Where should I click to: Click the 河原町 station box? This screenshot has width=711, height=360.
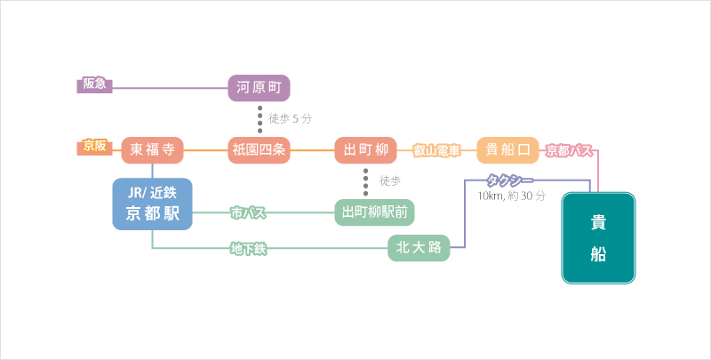click(259, 88)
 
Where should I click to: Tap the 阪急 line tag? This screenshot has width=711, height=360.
click(94, 84)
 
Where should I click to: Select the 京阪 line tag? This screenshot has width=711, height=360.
click(94, 145)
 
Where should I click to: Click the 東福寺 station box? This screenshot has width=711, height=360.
click(152, 150)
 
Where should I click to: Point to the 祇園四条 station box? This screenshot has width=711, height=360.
click(259, 150)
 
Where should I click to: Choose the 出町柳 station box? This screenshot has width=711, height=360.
click(365, 150)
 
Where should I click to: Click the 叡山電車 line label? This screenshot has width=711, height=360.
click(436, 151)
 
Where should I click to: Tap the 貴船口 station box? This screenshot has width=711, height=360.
click(508, 150)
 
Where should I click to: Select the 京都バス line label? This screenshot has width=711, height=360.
click(569, 151)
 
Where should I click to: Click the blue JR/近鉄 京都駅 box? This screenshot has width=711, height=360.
click(152, 204)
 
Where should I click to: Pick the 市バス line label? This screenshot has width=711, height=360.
click(249, 213)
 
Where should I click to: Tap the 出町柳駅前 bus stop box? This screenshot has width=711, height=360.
click(374, 212)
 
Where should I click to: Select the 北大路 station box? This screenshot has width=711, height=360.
click(419, 248)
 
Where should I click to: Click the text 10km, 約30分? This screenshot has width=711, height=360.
click(511, 196)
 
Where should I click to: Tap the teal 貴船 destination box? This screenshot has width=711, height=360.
click(599, 238)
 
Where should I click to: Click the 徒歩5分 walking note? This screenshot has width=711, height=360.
click(290, 118)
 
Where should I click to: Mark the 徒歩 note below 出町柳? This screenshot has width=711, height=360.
click(389, 180)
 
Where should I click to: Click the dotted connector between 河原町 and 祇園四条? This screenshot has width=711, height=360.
click(260, 119)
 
